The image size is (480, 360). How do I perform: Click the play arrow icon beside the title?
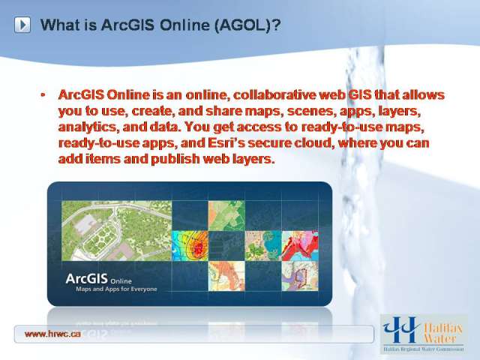pyautogui.click(x=22, y=25)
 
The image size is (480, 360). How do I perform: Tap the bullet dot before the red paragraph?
pyautogui.click(x=43, y=95)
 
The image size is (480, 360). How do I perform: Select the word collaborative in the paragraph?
pyautogui.click(x=274, y=94)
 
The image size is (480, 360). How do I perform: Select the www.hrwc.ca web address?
pyautogui.click(x=52, y=334)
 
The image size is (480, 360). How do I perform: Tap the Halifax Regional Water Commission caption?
pyautogui.click(x=424, y=349)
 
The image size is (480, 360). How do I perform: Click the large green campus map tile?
pyautogui.click(x=117, y=230)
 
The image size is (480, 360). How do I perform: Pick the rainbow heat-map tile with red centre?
pyautogui.click(x=190, y=246)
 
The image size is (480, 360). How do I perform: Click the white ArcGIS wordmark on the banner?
pyautogui.click(x=87, y=279)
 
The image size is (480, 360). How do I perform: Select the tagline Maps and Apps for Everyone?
pyautogui.click(x=116, y=289)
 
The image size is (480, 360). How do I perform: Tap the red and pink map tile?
pyautogui.click(x=300, y=246)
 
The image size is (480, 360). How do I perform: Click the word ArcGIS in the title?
pyautogui.click(x=127, y=25)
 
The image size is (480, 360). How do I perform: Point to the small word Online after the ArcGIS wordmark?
pyautogui.click(x=121, y=281)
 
